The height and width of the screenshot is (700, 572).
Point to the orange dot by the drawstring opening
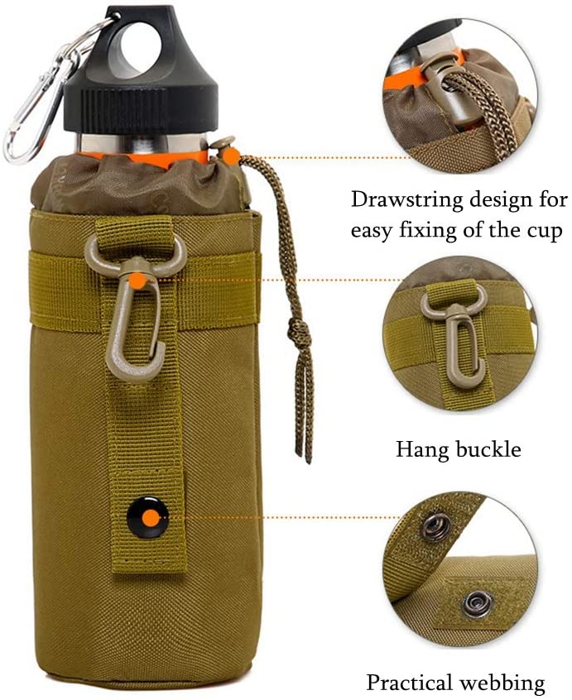pyautogui.click(x=231, y=156)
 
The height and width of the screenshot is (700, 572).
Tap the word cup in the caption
pyautogui.click(x=543, y=231)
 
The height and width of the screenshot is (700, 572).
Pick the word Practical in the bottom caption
pyautogui.click(x=409, y=683)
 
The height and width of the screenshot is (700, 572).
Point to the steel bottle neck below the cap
pyautogui.click(x=142, y=144)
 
